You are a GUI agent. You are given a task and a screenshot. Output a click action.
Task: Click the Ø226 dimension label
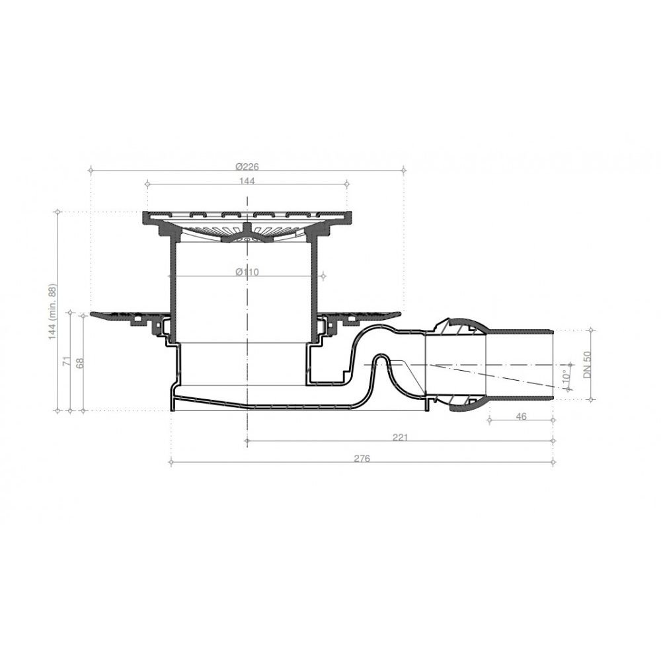246,166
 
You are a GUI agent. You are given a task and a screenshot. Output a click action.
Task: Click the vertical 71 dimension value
66,362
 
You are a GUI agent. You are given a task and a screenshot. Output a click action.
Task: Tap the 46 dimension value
521,416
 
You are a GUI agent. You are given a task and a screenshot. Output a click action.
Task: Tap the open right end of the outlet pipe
552,364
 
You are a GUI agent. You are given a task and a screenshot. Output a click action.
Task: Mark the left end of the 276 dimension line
171,462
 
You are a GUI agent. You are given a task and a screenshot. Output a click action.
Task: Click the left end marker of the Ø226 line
89,170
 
